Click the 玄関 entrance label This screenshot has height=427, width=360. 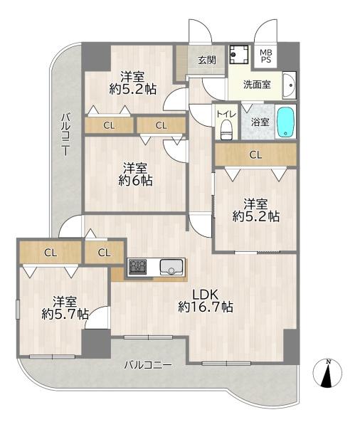(x=207, y=60)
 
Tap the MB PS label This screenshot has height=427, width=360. (x=266, y=56)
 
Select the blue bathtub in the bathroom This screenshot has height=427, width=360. (x=285, y=122)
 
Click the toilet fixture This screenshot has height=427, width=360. (x=226, y=130)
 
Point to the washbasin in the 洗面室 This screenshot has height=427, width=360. (x=289, y=85)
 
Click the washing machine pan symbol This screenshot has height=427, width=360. (x=239, y=55)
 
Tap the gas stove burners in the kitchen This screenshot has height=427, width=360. (x=137, y=267)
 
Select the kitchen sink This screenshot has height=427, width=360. (x=171, y=267)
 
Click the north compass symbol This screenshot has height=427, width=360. (x=327, y=374)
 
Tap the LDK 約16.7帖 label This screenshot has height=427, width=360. (x=206, y=300)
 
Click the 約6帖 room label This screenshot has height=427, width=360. (x=135, y=174)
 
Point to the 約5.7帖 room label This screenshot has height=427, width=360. (x=65, y=307)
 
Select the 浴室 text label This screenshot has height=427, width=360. (x=260, y=122)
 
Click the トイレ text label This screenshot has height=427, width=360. (x=226, y=114)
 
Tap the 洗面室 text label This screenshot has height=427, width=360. (x=257, y=85)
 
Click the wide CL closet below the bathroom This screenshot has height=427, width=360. (x=255, y=154)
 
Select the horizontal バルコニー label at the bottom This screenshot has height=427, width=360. (x=148, y=365)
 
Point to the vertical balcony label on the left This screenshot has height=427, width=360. (x=65, y=135)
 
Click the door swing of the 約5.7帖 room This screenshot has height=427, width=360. (x=97, y=317)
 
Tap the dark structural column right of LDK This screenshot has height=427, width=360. (x=291, y=344)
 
